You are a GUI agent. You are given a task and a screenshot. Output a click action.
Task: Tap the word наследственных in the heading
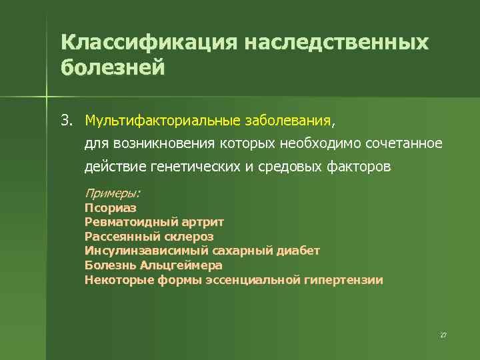pos(337,43)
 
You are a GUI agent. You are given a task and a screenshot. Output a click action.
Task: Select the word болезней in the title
pos(112,68)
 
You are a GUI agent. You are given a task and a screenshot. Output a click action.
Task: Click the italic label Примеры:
pos(112,193)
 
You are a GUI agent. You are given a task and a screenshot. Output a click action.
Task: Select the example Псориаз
pos(111,208)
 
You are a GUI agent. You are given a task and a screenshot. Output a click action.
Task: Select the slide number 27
pos(443,335)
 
